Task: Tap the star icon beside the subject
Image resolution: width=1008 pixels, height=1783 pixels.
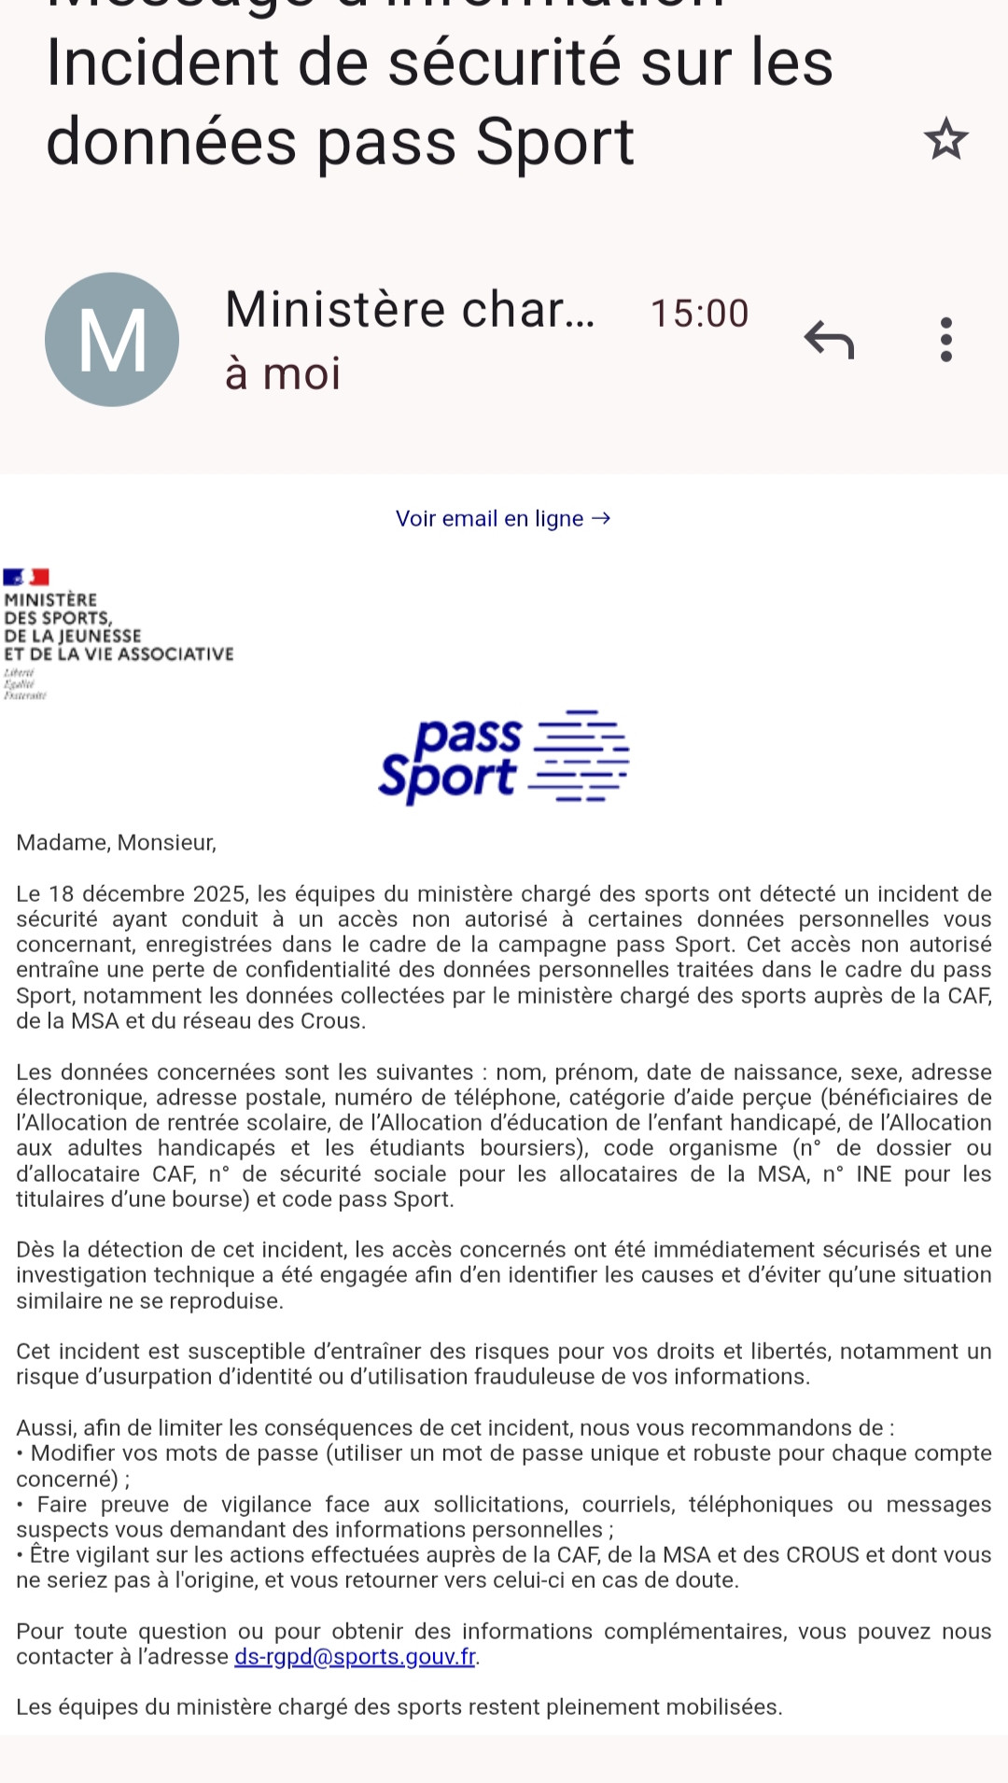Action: (945, 139)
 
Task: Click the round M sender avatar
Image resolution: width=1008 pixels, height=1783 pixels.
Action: (112, 339)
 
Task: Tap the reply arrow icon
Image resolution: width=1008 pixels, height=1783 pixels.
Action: (829, 339)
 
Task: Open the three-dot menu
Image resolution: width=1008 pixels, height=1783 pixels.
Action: (945, 339)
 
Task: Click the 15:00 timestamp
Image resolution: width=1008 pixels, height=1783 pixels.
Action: (699, 314)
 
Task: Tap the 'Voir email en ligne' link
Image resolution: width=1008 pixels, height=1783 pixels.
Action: (503, 518)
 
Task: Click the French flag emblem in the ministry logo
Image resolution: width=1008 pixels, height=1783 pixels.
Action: (26, 577)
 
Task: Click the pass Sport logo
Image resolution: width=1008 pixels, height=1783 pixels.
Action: (503, 757)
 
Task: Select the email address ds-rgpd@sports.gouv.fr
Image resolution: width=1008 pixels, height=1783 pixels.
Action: (355, 1657)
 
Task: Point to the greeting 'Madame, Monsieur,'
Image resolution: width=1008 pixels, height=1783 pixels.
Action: (117, 843)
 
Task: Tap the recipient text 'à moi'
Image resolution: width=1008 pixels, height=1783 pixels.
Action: (283, 373)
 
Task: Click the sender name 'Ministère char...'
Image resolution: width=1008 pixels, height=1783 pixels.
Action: (409, 309)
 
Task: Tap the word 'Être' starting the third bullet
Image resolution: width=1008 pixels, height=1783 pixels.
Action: (49, 1555)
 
